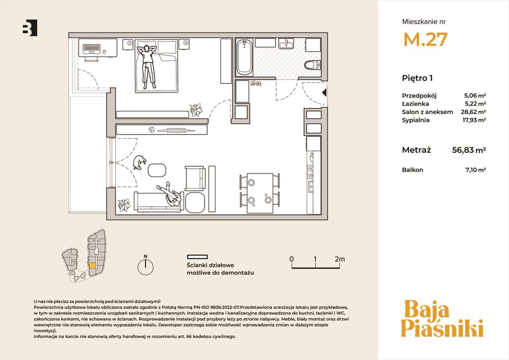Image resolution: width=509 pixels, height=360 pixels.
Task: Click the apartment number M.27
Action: coord(425,39)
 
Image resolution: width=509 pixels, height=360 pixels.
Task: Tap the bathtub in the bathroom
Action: coord(244,58)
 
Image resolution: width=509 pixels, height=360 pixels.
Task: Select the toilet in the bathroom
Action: coord(313,65)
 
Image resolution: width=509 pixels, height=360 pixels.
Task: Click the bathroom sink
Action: coord(286,43)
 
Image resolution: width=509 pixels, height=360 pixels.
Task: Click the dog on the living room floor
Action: coord(140,162)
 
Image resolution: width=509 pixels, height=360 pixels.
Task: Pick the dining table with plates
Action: coord(260,193)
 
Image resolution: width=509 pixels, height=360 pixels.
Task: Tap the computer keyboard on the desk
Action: coord(91,49)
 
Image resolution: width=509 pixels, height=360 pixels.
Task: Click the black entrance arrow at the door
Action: coord(324,93)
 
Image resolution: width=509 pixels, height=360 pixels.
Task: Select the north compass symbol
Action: coord(145,265)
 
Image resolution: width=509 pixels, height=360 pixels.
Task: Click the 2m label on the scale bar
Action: coord(339,259)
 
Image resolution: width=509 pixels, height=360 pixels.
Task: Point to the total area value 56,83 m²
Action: coord(469,150)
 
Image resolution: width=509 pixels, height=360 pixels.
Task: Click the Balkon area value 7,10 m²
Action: coord(476,169)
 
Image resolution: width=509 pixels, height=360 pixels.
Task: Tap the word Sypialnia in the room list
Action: coord(416,120)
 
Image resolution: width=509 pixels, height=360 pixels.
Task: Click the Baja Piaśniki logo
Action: coord(442,319)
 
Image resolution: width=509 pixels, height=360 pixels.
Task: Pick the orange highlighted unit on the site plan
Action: coord(92,265)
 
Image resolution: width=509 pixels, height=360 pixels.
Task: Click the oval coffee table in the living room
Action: coord(157,170)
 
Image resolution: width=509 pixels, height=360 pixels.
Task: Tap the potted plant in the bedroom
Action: coord(196,110)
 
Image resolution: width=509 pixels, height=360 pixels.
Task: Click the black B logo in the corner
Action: coord(30,28)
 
